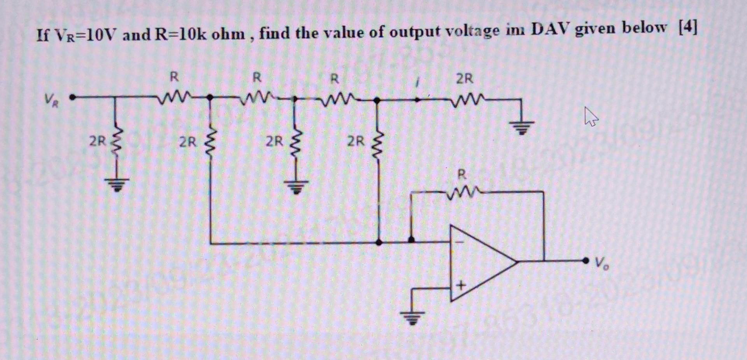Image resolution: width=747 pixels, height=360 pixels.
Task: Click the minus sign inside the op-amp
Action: click(x=460, y=242)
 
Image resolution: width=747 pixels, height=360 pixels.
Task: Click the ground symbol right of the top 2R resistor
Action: click(x=523, y=127)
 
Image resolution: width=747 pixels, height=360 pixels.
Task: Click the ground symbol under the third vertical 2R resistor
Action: click(x=295, y=186)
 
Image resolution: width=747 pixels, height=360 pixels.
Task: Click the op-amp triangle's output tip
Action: click(x=517, y=261)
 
